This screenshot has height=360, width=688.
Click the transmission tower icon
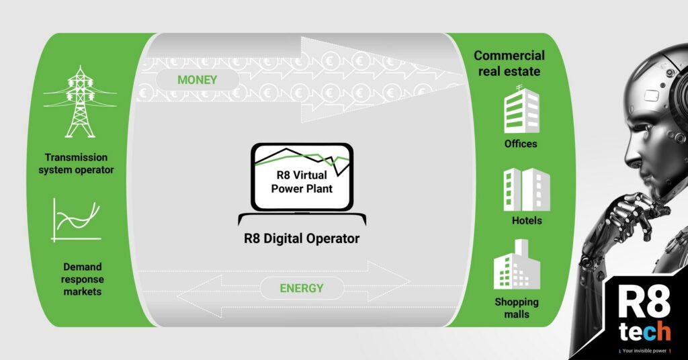(79, 102)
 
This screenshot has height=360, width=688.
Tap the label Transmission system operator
(76, 164)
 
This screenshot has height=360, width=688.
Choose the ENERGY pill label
(302, 289)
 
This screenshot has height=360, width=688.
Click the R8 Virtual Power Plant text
(302, 181)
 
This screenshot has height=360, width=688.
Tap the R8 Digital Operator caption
(302, 238)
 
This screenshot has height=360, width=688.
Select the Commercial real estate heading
(509, 63)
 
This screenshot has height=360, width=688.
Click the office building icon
(521, 111)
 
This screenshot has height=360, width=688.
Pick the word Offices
(521, 144)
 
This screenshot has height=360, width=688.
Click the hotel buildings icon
(526, 189)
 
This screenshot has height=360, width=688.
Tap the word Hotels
(526, 220)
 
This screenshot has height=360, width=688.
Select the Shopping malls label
(517, 308)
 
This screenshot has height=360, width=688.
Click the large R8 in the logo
(644, 304)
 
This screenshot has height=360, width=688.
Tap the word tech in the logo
(644, 332)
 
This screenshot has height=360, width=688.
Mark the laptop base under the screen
(302, 220)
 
